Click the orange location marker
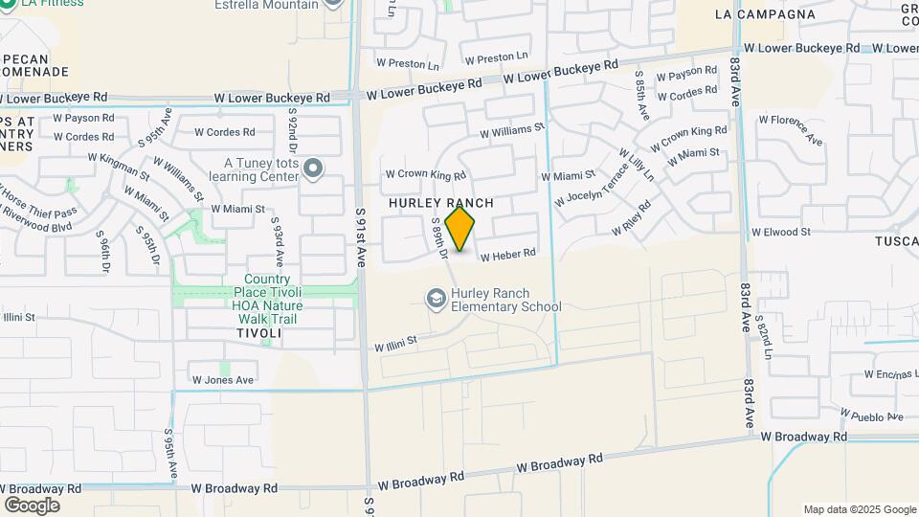pyautogui.click(x=460, y=228)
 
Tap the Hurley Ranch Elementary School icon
pyautogui.click(x=437, y=300)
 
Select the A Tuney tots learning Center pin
pyautogui.click(x=313, y=170)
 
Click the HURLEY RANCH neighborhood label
pyautogui.click(x=440, y=203)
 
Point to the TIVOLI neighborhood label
pyautogui.click(x=259, y=333)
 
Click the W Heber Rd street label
pyautogui.click(x=507, y=256)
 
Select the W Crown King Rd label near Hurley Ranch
pyautogui.click(x=425, y=175)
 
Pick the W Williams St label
pyautogui.click(x=512, y=129)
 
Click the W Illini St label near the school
pyautogui.click(x=395, y=342)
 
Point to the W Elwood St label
pyautogui.click(x=781, y=232)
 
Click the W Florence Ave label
pyautogui.click(x=791, y=129)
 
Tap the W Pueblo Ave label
pyautogui.click(x=871, y=415)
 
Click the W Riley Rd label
pyautogui.click(x=631, y=218)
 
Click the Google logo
pyautogui.click(x=32, y=505)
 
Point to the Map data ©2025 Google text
pyautogui.click(x=859, y=509)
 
